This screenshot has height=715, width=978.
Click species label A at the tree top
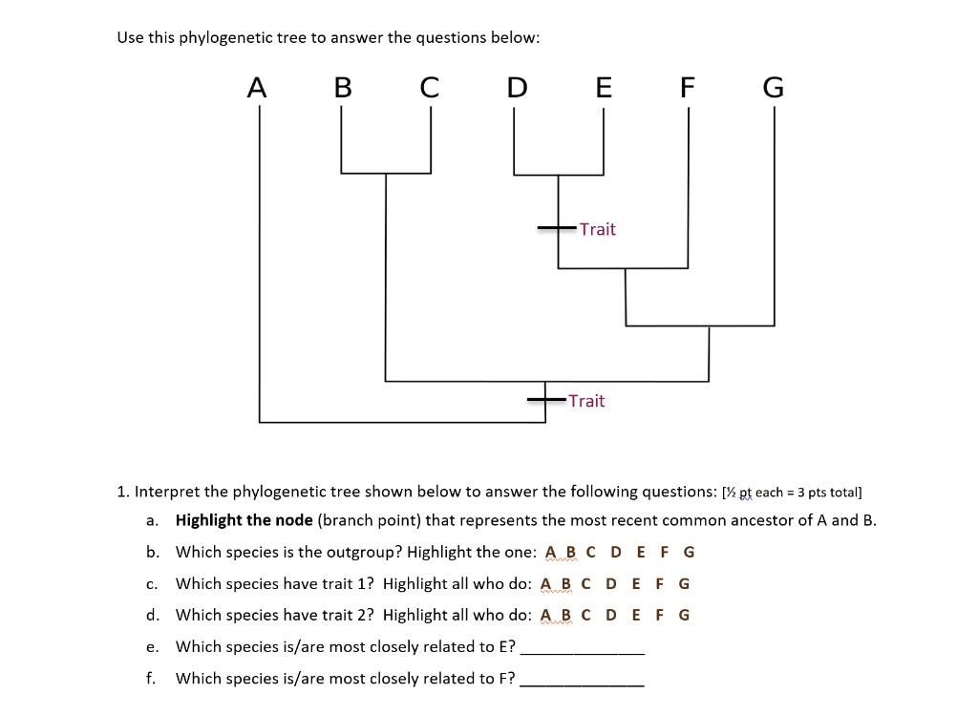tap(257, 87)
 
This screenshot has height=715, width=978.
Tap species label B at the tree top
tap(343, 87)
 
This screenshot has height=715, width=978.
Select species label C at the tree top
tap(429, 87)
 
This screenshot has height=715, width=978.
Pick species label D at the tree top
tap(517, 87)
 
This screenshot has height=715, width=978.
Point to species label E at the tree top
tap(604, 87)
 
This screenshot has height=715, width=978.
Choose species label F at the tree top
tap(688, 87)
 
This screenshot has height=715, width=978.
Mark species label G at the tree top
tap(774, 87)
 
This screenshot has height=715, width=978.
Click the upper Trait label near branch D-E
tap(598, 229)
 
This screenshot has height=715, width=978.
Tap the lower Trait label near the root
tap(586, 401)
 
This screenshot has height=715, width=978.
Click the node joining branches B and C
tap(386, 174)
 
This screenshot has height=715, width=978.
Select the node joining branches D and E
tap(558, 175)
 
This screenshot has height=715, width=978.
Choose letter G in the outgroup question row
tap(689, 553)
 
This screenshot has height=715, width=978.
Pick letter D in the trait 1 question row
tap(611, 584)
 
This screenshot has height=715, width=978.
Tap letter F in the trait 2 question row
tap(659, 616)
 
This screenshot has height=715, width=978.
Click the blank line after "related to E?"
tap(582, 654)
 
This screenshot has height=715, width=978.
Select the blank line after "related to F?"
tap(582, 685)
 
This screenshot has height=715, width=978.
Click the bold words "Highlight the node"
tap(244, 520)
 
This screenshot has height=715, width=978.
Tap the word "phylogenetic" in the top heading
tap(225, 38)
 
